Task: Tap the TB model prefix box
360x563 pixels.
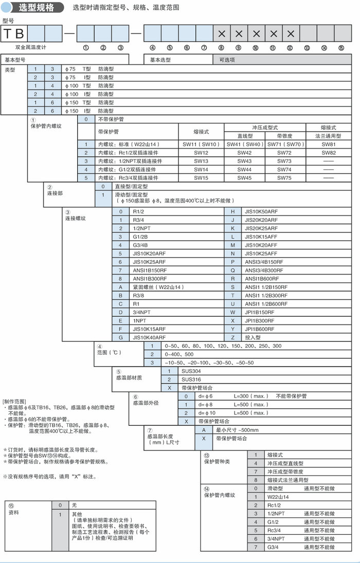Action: tap(14, 34)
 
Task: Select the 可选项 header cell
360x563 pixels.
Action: tap(227, 60)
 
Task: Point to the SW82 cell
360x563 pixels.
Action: tap(328, 153)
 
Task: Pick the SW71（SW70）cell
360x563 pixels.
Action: tap(284, 145)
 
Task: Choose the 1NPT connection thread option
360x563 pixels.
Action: tap(140, 320)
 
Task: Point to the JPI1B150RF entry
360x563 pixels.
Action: tap(262, 312)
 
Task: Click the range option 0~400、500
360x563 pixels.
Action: tap(179, 354)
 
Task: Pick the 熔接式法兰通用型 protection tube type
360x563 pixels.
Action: tap(291, 480)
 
